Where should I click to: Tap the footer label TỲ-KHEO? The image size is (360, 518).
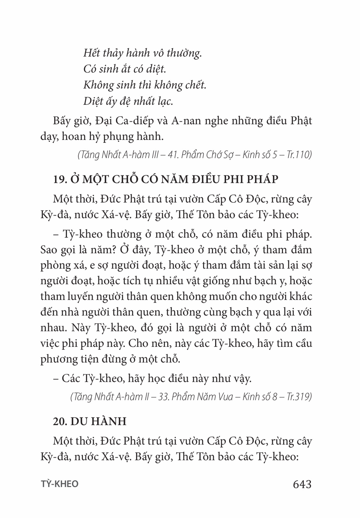[59, 484]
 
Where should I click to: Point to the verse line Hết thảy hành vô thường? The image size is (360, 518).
[142, 53]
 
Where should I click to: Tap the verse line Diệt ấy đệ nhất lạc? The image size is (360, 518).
[128, 101]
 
